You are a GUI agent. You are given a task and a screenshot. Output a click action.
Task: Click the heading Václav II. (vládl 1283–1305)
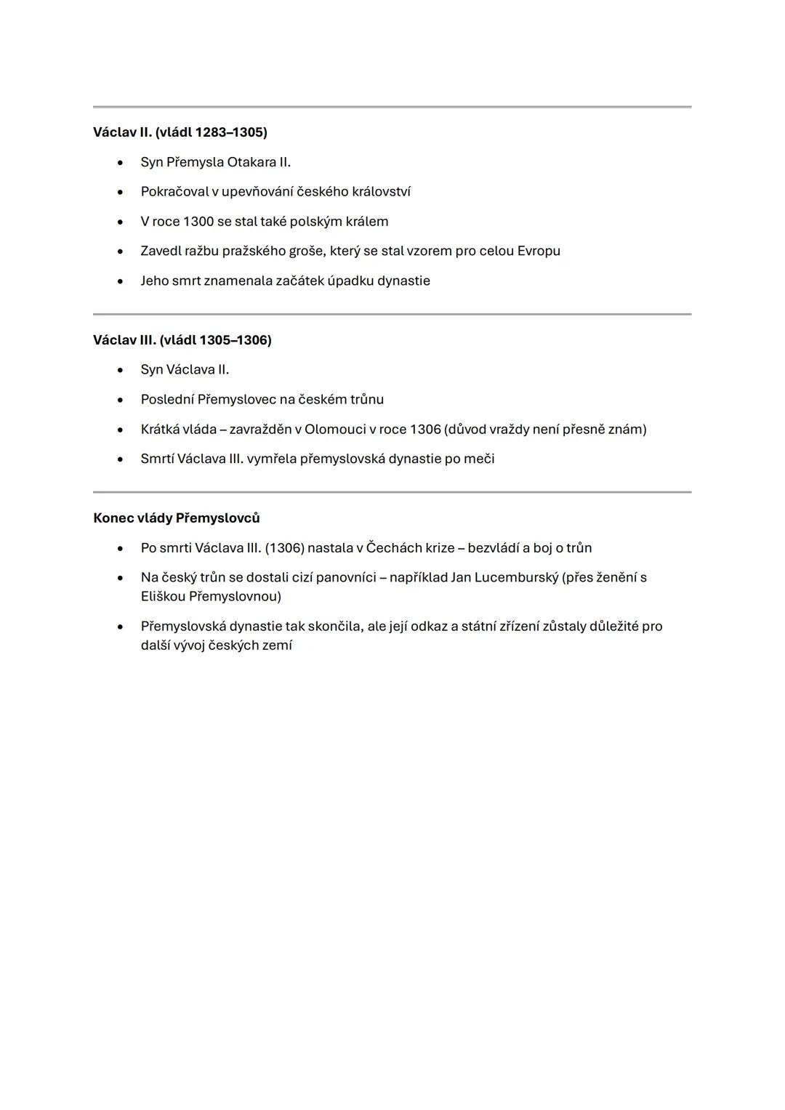coord(180,132)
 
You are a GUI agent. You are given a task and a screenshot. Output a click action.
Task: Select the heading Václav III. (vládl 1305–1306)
coord(182,340)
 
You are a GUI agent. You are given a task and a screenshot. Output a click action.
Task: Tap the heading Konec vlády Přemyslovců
coord(176,518)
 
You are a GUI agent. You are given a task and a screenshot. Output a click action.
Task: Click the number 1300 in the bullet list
coord(198,222)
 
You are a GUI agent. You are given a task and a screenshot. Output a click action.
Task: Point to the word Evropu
coord(539,252)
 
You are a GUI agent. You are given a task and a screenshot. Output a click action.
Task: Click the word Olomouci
coord(335,430)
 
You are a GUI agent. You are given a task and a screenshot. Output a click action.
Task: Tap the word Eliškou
coord(162,597)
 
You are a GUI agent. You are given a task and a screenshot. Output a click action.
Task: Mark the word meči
coord(480,459)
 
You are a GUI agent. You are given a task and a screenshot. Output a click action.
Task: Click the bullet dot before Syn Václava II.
coord(120,370)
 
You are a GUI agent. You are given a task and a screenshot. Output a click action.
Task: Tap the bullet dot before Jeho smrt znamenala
coord(120,281)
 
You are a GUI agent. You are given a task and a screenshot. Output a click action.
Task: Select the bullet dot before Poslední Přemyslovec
coord(120,400)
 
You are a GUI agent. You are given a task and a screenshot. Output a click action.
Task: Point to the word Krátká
coord(159,430)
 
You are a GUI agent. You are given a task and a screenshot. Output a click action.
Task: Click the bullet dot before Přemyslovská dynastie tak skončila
coord(120,627)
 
